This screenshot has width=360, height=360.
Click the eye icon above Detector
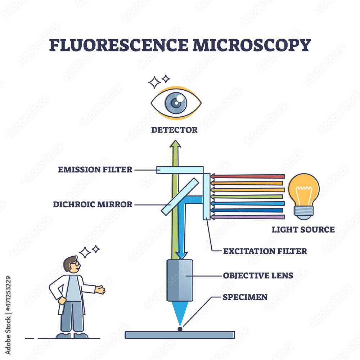pyautogui.click(x=176, y=103)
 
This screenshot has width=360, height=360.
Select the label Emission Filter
pyautogui.click(x=95, y=169)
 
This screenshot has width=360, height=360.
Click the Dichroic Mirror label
pyautogui.click(x=93, y=204)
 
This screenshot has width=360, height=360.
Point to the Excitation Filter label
pyautogui.click(x=265, y=251)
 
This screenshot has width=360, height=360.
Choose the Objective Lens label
pyautogui.click(x=258, y=276)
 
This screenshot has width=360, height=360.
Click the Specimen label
pyautogui.click(x=245, y=297)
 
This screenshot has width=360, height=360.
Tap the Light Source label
pyautogui.click(x=303, y=229)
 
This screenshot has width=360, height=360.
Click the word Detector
pyautogui.click(x=174, y=130)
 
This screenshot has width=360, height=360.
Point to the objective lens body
pyautogui.click(x=180, y=280)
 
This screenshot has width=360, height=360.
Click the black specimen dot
pyautogui.click(x=180, y=328)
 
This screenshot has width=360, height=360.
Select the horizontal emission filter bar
pyautogui.click(x=180, y=170)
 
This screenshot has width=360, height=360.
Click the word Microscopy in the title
pyautogui.click(x=251, y=45)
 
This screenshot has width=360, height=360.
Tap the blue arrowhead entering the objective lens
pyautogui.click(x=181, y=255)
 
